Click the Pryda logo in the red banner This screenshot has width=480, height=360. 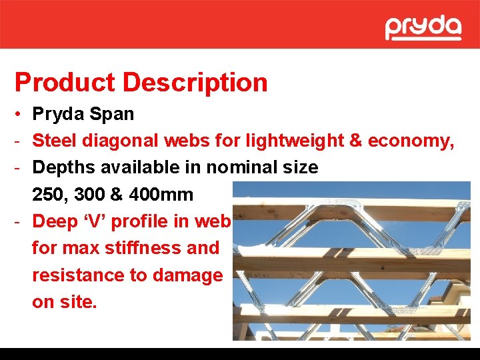click(423, 28)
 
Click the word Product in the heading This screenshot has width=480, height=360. click(65, 83)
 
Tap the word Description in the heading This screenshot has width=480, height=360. click(195, 83)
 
